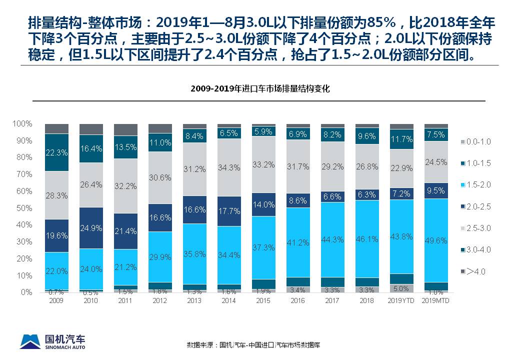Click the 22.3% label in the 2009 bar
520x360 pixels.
point(56,152)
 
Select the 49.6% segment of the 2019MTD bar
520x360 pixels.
point(436,240)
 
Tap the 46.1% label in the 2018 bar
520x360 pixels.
point(367,239)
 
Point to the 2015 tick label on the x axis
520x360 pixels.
point(263,300)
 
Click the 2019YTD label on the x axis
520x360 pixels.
point(401,300)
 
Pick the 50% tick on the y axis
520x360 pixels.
point(22,208)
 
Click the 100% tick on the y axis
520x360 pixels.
point(22,123)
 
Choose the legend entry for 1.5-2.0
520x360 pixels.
point(475,184)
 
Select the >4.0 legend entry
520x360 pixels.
point(475,271)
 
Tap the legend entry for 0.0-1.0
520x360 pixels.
point(475,141)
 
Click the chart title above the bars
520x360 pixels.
point(260,88)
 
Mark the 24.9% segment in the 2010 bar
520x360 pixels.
point(91,228)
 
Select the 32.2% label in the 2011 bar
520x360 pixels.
point(125,186)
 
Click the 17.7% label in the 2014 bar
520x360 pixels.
point(229,211)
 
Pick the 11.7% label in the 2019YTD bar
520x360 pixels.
point(401,139)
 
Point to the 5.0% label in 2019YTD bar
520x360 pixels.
point(401,288)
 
